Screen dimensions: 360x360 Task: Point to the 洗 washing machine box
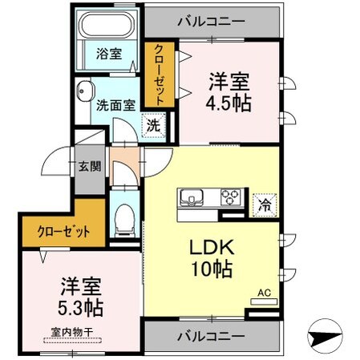152,124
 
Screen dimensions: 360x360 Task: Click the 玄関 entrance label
89,167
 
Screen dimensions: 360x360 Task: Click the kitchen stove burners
231,196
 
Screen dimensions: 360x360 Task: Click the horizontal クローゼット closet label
63,232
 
